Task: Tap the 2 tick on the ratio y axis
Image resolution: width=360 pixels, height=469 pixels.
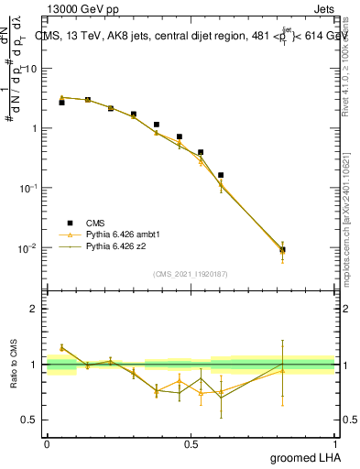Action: tap(34, 309)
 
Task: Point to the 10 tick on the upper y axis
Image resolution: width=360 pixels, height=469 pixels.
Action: tap(31, 69)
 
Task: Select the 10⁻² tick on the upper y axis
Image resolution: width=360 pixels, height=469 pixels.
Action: tap(27, 248)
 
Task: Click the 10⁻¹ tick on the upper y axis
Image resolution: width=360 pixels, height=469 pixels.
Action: tap(27, 188)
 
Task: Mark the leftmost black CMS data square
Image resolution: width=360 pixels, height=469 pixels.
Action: tap(61, 103)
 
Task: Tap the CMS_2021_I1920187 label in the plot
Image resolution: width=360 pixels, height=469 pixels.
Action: tap(191, 273)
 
